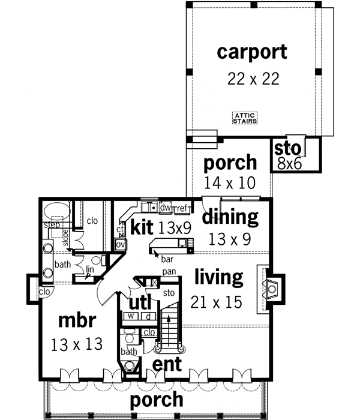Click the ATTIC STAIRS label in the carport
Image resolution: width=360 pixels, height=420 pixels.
coord(245,118)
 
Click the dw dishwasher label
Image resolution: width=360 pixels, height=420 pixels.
coord(166,208)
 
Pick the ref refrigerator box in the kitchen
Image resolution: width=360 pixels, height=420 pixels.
coord(182,208)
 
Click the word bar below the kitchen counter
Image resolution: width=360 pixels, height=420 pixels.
coord(166,259)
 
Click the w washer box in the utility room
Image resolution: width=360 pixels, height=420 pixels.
coord(130,316)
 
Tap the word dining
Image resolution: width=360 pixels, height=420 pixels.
coord(229,217)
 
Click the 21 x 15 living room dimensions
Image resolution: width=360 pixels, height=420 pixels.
coord(216,302)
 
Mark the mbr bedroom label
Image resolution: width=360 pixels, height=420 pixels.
coord(77,320)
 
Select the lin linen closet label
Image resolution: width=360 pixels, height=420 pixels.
coord(89,270)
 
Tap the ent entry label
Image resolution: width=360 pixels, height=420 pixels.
coord(167,364)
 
